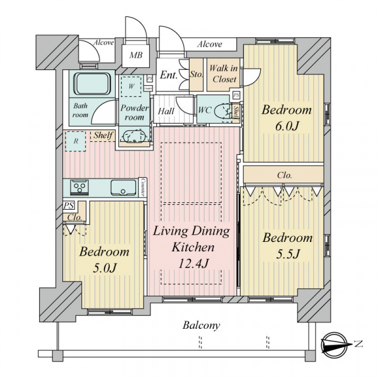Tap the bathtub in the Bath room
click(92, 84)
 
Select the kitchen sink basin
click(123, 188)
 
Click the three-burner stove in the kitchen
click(79, 187)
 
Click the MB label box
click(136, 55)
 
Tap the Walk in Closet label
click(224, 74)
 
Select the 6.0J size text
click(287, 126)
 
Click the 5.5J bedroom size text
click(288, 254)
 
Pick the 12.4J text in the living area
click(193, 263)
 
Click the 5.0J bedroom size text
click(105, 268)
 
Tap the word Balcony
click(202, 326)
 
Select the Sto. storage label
click(197, 74)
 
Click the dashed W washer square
click(131, 86)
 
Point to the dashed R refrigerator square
click(76, 141)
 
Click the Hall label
click(166, 111)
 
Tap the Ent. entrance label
click(169, 75)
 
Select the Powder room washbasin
click(132, 137)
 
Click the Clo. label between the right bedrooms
click(285, 175)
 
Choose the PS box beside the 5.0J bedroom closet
click(69, 205)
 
